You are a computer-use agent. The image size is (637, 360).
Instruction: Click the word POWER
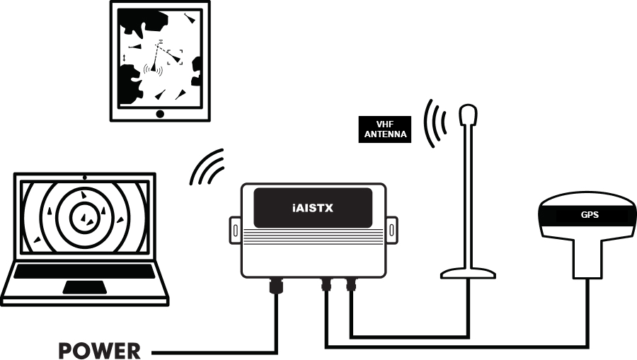100,350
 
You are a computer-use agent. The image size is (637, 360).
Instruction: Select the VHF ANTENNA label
385,129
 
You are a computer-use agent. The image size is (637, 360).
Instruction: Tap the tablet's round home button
160,113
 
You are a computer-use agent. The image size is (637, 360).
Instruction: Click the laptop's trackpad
84,286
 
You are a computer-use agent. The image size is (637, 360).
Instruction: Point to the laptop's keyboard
85,271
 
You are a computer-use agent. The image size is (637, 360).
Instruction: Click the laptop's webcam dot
84,176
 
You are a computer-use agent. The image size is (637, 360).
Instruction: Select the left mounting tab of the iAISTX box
233,229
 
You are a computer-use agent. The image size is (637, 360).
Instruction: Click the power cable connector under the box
275,286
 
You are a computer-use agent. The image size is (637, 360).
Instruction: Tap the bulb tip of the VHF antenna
468,115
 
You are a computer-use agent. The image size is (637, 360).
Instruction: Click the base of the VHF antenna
468,272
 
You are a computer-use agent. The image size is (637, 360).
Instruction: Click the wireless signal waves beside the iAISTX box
208,168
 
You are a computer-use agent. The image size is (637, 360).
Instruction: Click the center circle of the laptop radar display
84,219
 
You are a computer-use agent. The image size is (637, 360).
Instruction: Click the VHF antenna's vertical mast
468,198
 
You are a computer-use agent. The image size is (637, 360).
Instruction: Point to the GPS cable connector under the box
326,285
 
